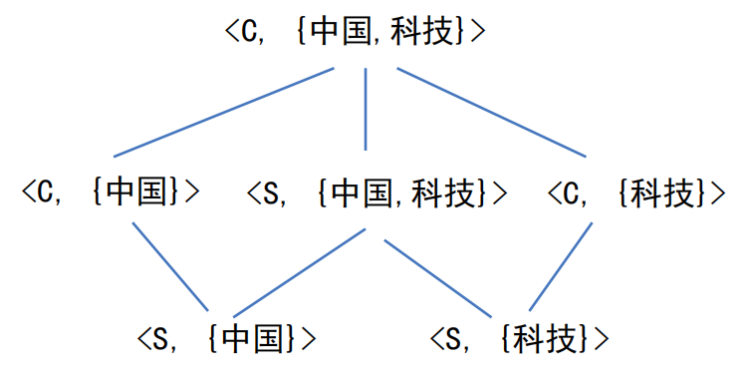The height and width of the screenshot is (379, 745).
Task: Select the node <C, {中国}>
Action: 112,191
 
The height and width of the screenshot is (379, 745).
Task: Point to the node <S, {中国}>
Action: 228,339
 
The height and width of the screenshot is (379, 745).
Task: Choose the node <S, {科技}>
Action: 519,339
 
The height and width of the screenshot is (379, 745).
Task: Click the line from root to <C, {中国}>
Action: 223,113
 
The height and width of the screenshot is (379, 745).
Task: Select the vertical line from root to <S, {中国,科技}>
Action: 366,110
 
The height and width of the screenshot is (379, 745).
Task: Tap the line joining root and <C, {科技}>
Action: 490,113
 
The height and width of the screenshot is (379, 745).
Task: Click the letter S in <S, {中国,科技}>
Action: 273,192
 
